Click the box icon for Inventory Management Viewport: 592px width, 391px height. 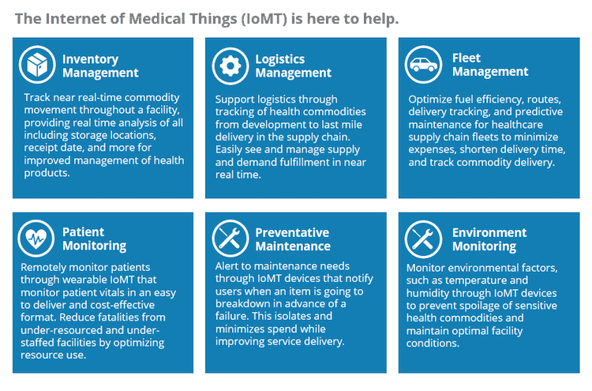(x=37, y=65)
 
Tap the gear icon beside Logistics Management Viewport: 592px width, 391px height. (x=230, y=66)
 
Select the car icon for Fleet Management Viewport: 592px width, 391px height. (x=423, y=65)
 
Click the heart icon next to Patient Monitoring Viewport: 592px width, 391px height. (x=36, y=239)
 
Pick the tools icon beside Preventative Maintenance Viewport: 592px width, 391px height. (x=230, y=239)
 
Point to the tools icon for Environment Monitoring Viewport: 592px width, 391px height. (x=423, y=239)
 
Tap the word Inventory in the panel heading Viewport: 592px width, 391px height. (x=91, y=59)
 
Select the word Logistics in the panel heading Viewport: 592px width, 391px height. (x=279, y=59)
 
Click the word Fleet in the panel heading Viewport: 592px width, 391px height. (x=466, y=58)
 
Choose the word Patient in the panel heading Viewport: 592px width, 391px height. (x=83, y=231)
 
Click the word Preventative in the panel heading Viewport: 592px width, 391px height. (x=292, y=232)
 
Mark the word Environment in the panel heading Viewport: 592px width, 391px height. (x=489, y=232)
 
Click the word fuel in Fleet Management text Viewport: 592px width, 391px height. (x=463, y=100)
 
